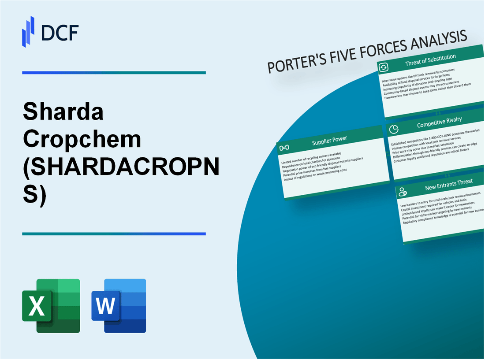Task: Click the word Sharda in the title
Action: coord(63,113)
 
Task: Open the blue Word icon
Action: coord(119,306)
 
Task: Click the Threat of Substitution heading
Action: coord(430,60)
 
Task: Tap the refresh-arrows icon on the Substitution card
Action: coord(384,67)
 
